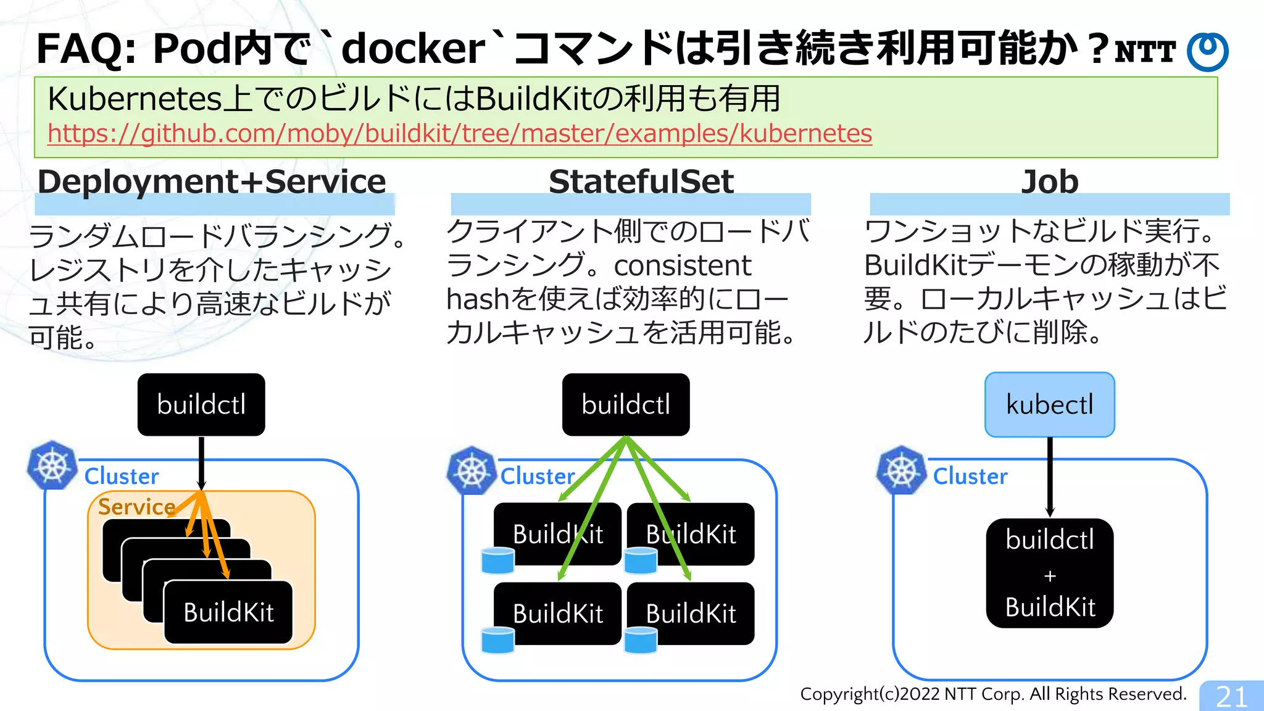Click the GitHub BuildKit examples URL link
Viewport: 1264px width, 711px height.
459,133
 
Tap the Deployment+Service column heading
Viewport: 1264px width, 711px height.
212,182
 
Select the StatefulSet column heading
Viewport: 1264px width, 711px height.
641,182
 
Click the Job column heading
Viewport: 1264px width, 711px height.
1049,182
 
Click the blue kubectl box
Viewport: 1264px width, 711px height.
1049,405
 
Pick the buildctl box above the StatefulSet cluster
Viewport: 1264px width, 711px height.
625,405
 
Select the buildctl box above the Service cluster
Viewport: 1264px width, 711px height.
201,405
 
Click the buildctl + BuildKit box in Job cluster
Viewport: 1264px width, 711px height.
1049,573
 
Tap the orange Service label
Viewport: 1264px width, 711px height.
136,507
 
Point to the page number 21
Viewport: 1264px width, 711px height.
1231,697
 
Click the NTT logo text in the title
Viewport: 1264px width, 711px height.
1145,52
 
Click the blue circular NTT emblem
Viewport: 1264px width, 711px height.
1208,52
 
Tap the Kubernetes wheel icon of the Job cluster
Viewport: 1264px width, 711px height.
901,471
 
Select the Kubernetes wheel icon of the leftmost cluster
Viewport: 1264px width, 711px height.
52,465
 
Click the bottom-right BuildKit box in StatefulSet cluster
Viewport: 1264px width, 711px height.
691,613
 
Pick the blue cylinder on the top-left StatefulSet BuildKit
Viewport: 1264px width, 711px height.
497,560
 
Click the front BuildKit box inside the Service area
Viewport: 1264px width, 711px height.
228,612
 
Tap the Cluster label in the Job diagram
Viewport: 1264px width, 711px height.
970,476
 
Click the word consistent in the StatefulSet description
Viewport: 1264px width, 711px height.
682,266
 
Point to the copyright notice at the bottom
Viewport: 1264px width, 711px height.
993,694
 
